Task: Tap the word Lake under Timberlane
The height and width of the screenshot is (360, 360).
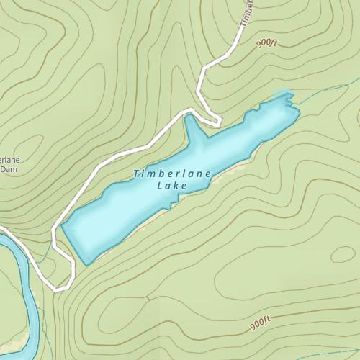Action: pyautogui.click(x=171, y=186)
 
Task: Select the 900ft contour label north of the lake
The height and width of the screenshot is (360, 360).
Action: pyautogui.click(x=266, y=44)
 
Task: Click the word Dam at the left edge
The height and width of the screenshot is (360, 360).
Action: pyautogui.click(x=9, y=169)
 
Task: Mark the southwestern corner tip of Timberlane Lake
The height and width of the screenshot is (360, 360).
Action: pyautogui.click(x=87, y=264)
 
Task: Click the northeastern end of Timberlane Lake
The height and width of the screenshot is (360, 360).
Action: pyautogui.click(x=288, y=97)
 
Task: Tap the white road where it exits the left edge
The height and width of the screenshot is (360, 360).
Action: pyautogui.click(x=3, y=230)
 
